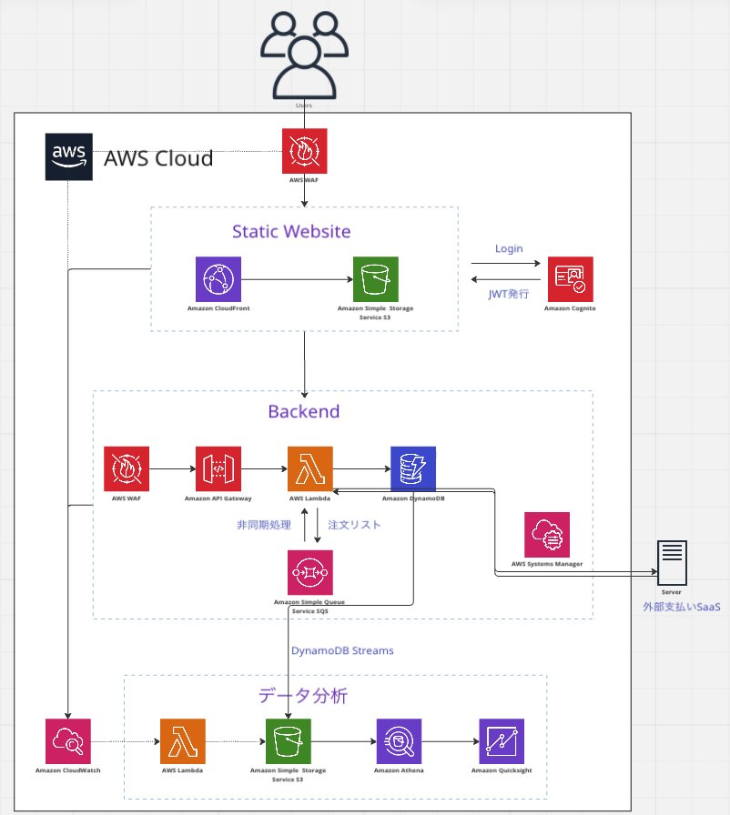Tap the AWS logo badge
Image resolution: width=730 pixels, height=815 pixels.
tap(68, 156)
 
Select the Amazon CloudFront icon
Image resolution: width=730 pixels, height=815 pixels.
tap(218, 278)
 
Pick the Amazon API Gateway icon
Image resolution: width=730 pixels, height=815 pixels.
tap(218, 468)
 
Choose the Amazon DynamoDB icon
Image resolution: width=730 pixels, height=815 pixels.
tap(413, 468)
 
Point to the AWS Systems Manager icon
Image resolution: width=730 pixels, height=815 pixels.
tap(547, 535)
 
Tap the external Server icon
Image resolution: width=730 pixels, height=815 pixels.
tap(672, 563)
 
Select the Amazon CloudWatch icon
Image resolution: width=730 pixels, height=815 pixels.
tap(68, 741)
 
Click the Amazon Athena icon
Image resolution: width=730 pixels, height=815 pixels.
tap(399, 741)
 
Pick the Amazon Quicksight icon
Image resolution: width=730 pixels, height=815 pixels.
tap(502, 741)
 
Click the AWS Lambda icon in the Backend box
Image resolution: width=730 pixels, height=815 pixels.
tap(310, 468)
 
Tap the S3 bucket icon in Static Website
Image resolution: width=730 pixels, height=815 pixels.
tap(376, 278)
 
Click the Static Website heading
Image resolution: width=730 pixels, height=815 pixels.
tap(291, 231)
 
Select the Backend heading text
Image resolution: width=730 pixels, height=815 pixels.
tap(303, 411)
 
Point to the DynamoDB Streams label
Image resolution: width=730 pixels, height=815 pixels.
tap(342, 650)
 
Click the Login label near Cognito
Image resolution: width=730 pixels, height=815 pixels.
tap(509, 248)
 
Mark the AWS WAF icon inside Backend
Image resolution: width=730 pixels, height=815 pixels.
tap(127, 468)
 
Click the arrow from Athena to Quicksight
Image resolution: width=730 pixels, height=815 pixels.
tap(451, 741)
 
